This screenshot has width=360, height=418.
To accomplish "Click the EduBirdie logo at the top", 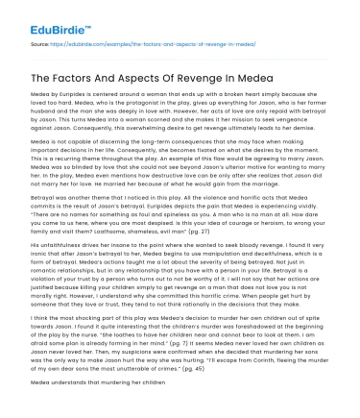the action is (x=48, y=16).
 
